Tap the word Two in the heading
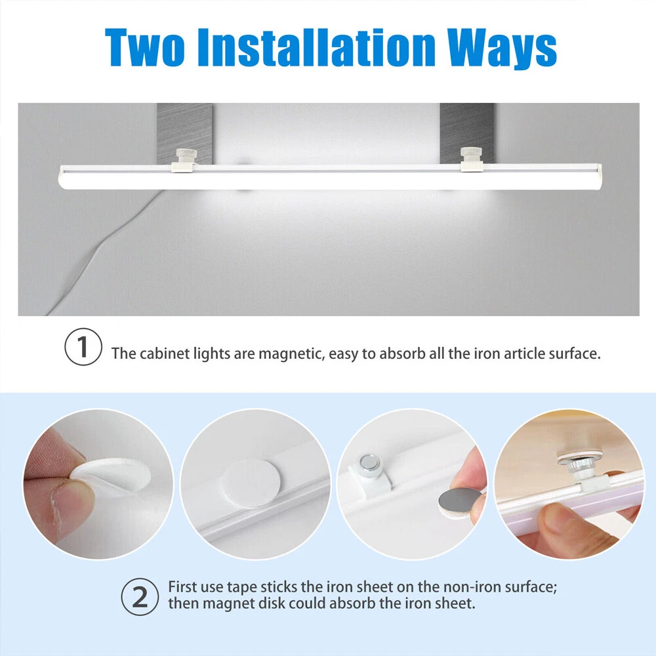pyautogui.click(x=145, y=47)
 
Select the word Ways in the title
pyautogui.click(x=502, y=49)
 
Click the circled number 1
pyautogui.click(x=83, y=347)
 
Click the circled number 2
pyautogui.click(x=140, y=596)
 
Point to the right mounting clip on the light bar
pyautogui.click(x=472, y=159)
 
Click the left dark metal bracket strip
pyautogui.click(x=184, y=133)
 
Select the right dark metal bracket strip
pyautogui.click(x=467, y=133)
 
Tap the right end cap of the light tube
pyautogui.click(x=598, y=176)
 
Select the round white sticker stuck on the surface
pyautogui.click(x=251, y=483)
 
